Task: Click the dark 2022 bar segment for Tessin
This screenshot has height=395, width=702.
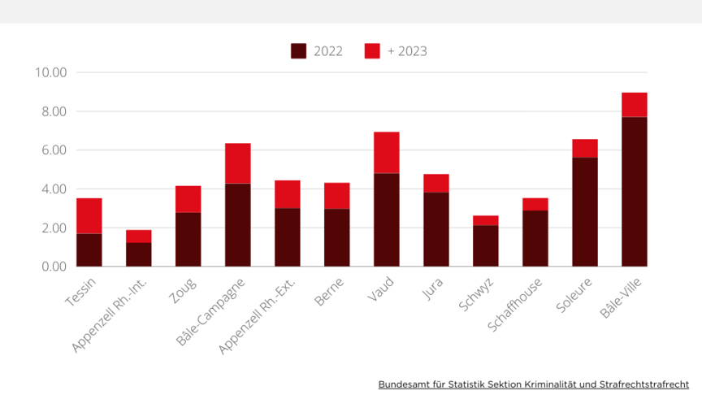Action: click(x=89, y=250)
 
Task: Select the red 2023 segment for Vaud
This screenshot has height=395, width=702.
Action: click(x=387, y=153)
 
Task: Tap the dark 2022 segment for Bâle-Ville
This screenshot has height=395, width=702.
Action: click(x=635, y=192)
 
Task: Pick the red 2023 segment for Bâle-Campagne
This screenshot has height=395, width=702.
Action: click(x=238, y=163)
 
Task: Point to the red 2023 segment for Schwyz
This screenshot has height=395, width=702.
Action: click(x=486, y=220)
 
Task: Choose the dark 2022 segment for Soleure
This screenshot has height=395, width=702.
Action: click(x=585, y=212)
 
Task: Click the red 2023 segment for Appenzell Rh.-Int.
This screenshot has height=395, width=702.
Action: click(x=139, y=237)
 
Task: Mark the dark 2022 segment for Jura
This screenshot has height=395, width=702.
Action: click(x=436, y=229)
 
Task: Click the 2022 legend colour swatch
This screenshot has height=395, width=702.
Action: click(x=298, y=51)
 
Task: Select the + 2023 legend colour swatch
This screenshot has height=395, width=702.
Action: click(x=372, y=51)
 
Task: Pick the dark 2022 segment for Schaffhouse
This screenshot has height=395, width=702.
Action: click(x=535, y=239)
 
